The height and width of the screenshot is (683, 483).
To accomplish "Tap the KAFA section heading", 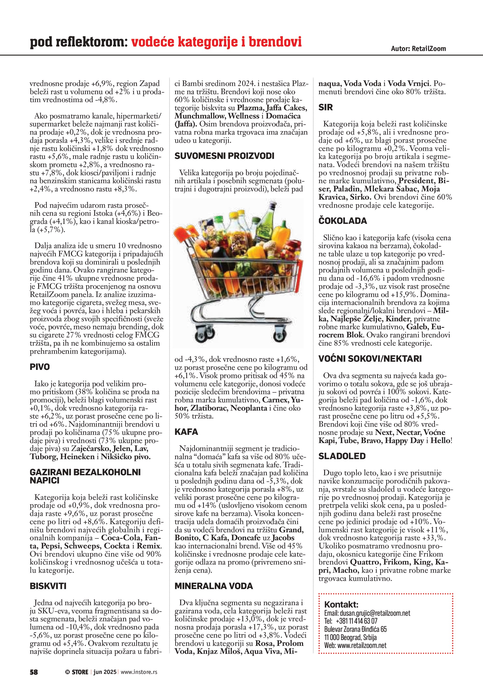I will click(x=186, y=432).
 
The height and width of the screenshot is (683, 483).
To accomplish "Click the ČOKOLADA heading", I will click(x=343, y=221).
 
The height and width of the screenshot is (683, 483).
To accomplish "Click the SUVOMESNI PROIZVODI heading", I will click(x=224, y=156).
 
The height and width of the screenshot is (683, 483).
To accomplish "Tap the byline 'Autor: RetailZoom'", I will click(x=418, y=49).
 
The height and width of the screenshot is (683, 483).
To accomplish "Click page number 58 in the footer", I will click(x=34, y=672).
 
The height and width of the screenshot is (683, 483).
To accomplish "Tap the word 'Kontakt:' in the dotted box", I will click(x=341, y=604).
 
